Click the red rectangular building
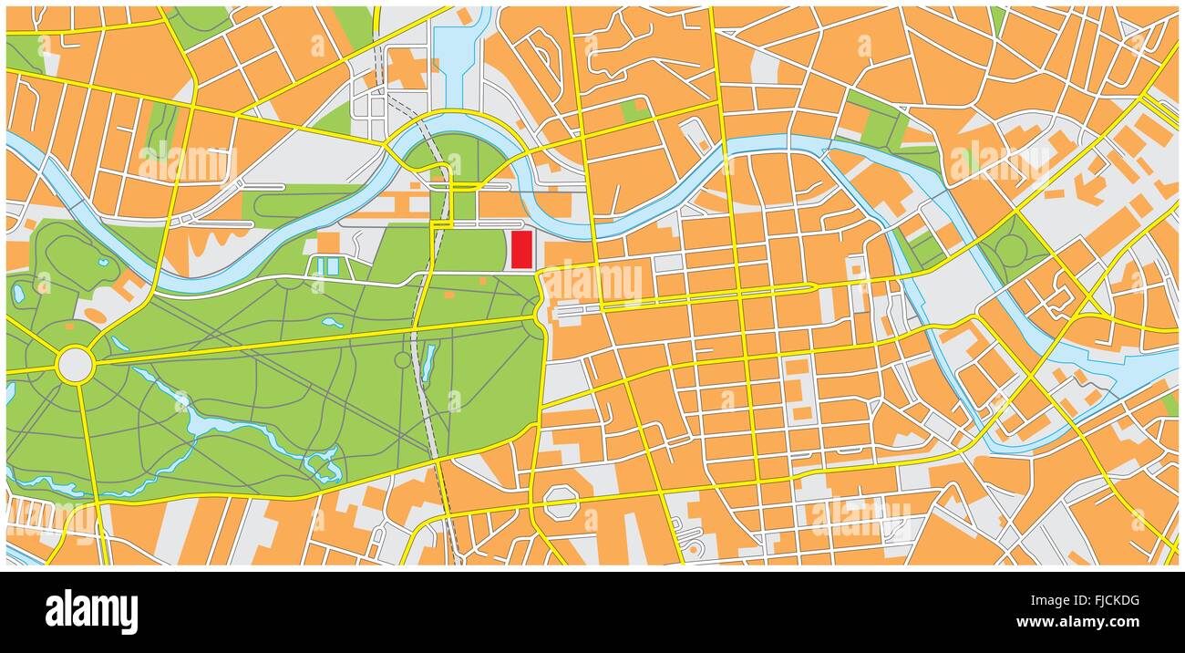coord(520,249)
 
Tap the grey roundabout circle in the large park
coord(75,365)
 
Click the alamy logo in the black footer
coord(91,611)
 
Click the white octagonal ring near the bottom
coord(561,501)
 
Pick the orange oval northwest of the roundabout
coord(96,316)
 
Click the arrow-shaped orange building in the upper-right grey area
coord(1089,187)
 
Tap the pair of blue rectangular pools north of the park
coord(326,266)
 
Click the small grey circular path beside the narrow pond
coord(403,359)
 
